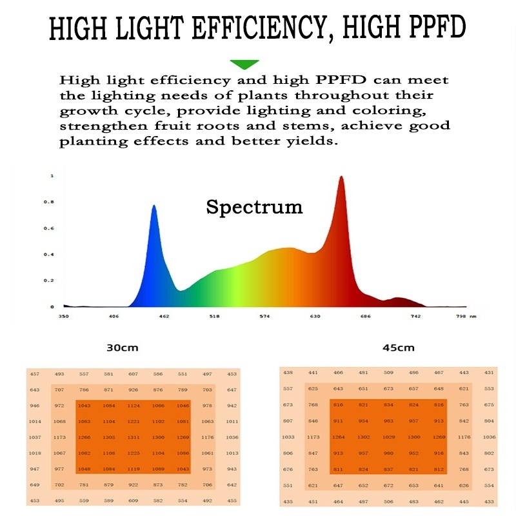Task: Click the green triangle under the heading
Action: [x=244, y=64]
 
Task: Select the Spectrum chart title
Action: [x=254, y=207]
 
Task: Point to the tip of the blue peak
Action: [x=154, y=206]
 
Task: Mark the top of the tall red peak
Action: [x=341, y=177]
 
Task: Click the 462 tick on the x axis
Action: [x=164, y=317]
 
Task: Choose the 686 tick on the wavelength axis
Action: [x=365, y=317]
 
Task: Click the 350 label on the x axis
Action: [x=63, y=317]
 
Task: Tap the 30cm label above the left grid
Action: [x=123, y=348]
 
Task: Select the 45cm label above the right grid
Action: [x=398, y=348]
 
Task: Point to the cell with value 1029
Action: [x=388, y=437]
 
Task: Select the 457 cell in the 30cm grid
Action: [x=35, y=374]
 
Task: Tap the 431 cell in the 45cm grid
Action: [x=490, y=373]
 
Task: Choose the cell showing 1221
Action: [x=134, y=422]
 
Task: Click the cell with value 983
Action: [x=388, y=421]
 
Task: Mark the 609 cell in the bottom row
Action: [x=134, y=501]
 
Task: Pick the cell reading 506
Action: [x=388, y=501]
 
